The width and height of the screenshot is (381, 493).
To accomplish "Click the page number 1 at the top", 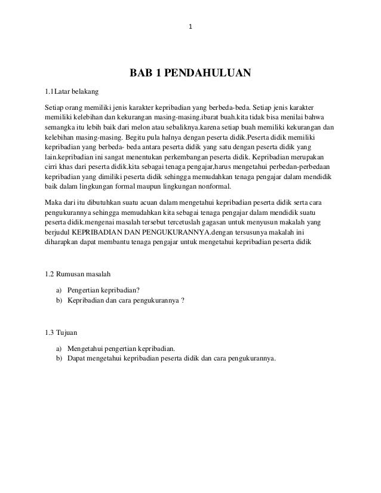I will (x=190, y=27).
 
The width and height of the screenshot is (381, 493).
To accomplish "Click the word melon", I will (x=139, y=127).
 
